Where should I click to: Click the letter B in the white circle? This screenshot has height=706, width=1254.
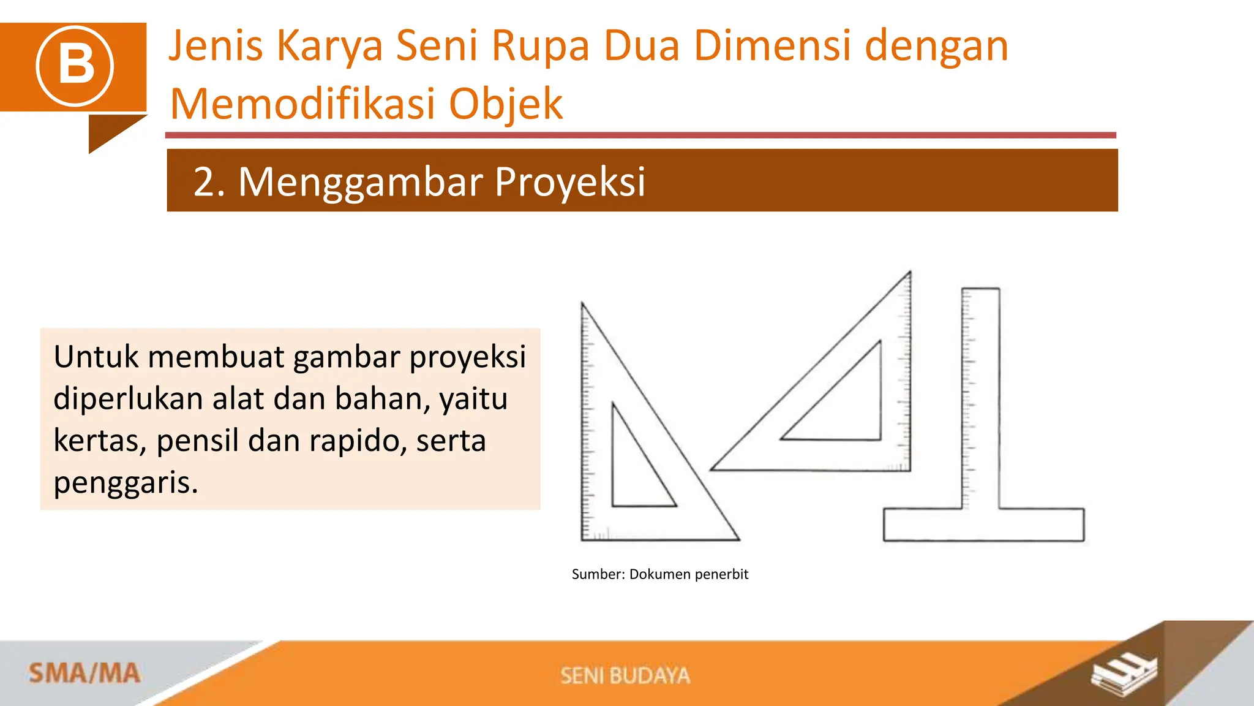point(75,66)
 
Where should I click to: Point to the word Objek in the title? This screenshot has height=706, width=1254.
point(506,104)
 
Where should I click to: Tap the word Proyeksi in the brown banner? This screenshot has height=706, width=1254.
point(569,182)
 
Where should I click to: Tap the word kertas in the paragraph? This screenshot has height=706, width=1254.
point(99,441)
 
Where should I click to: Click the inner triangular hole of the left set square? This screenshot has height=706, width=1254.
point(634,472)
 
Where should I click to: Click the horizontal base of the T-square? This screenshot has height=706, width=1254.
point(983,525)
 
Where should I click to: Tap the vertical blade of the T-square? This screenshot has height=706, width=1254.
point(981,398)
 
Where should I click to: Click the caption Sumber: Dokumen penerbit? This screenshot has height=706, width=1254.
point(659,574)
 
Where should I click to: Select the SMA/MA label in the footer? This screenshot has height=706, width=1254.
point(84,674)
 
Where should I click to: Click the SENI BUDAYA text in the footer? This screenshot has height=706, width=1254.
point(625,675)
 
